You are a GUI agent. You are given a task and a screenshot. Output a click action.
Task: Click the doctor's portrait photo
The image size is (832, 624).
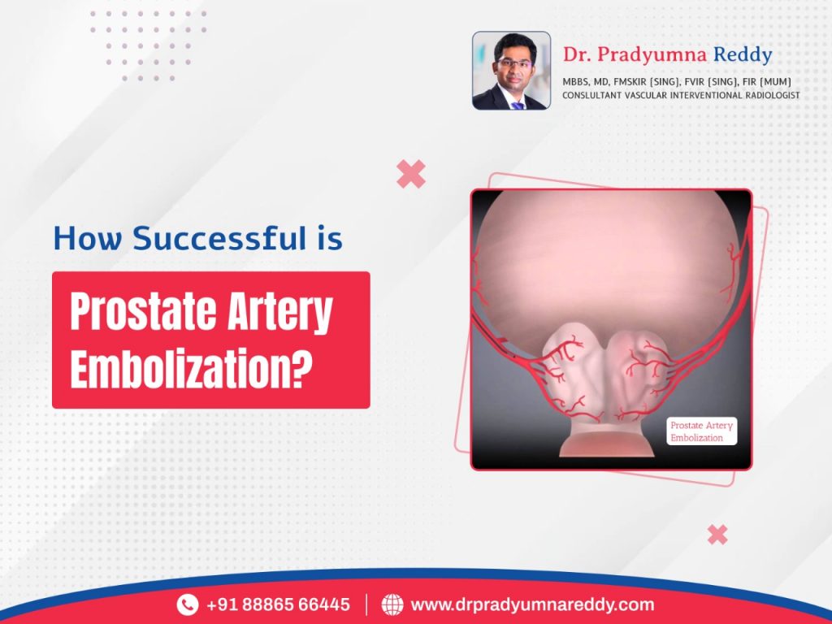(x=511, y=71)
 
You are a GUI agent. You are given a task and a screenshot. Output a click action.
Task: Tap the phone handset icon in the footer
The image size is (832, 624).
(x=188, y=604)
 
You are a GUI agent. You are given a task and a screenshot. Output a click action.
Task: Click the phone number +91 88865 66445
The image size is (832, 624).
(x=278, y=604)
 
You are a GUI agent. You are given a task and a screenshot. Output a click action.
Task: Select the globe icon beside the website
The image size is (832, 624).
(x=392, y=604)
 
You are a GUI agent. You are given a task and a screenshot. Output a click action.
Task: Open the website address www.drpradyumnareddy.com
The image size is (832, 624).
(x=532, y=604)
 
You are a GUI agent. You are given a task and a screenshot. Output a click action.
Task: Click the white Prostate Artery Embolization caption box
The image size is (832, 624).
(x=702, y=431)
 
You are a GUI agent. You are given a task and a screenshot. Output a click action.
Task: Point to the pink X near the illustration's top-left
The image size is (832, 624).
(x=411, y=174)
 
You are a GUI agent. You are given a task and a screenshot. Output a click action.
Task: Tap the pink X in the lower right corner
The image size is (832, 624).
(x=717, y=534)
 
